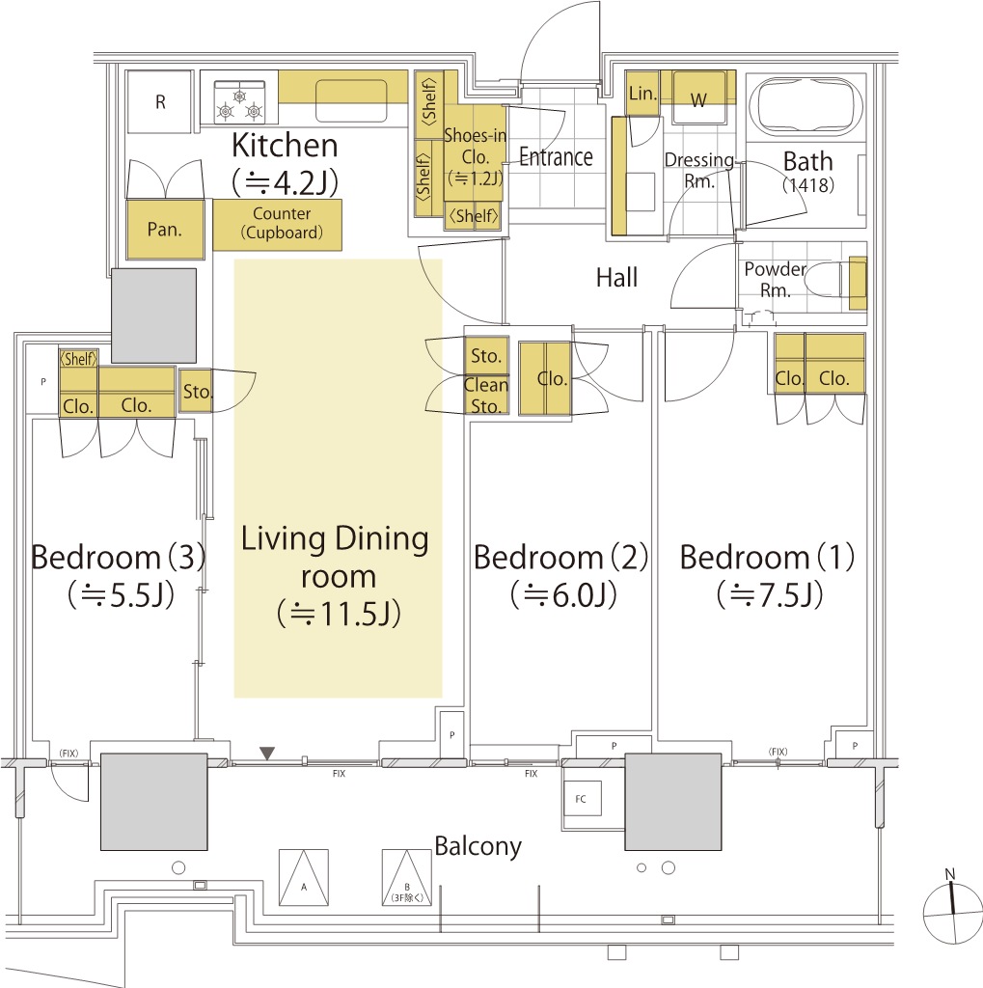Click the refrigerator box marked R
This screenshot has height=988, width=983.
coord(159,101)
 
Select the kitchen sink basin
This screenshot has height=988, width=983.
coord(351,99)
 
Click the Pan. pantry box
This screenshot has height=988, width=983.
coord(165,230)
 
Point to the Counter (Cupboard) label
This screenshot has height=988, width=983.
coord(281,223)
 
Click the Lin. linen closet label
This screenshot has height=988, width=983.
coord(642,94)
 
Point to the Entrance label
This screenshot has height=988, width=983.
coord(556,157)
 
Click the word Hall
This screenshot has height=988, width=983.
coord(616,277)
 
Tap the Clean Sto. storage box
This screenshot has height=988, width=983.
coord(486,395)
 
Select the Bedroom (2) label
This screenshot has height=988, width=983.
coord(560,557)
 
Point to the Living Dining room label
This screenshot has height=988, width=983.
coord(337,576)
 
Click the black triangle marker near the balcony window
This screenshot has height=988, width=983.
coord(268,753)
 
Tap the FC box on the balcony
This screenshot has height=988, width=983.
coord(582,798)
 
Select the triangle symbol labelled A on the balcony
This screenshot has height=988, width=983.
coord(304,878)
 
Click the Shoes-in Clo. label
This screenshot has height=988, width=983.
coord(476,156)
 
